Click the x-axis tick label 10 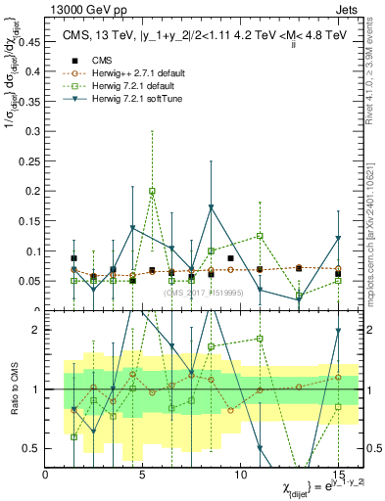point(240,476)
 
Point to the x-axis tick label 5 point(143,476)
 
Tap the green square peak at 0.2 point(152,191)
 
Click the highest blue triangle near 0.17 point(211,207)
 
